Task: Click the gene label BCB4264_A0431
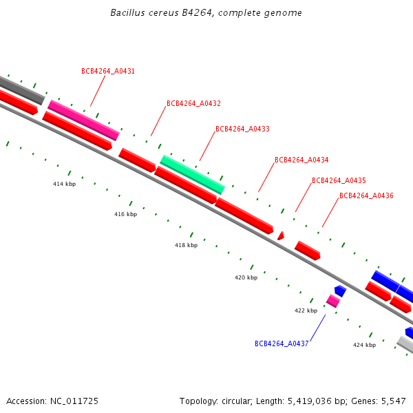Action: pyautogui.click(x=108, y=71)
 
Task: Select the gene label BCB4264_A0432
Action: pyautogui.click(x=193, y=103)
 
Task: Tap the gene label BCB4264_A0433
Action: pyautogui.click(x=242, y=129)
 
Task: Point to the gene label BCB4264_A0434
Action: pyautogui.click(x=301, y=160)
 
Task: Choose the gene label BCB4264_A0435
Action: pyautogui.click(x=339, y=180)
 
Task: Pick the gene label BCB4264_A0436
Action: pyautogui.click(x=366, y=196)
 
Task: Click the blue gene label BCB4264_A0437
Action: pyautogui.click(x=282, y=343)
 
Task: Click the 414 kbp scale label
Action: pyautogui.click(x=64, y=184)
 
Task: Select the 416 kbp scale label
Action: pyautogui.click(x=125, y=215)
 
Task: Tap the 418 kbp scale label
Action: pyautogui.click(x=186, y=245)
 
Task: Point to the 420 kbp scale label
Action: pyautogui.click(x=246, y=277)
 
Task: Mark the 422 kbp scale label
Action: pyautogui.click(x=306, y=310)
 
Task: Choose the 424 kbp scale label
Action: pyautogui.click(x=364, y=345)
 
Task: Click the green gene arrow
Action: pyautogui.click(x=193, y=174)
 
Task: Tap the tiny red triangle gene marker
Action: pyautogui.click(x=281, y=235)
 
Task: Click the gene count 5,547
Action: pyautogui.click(x=392, y=401)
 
